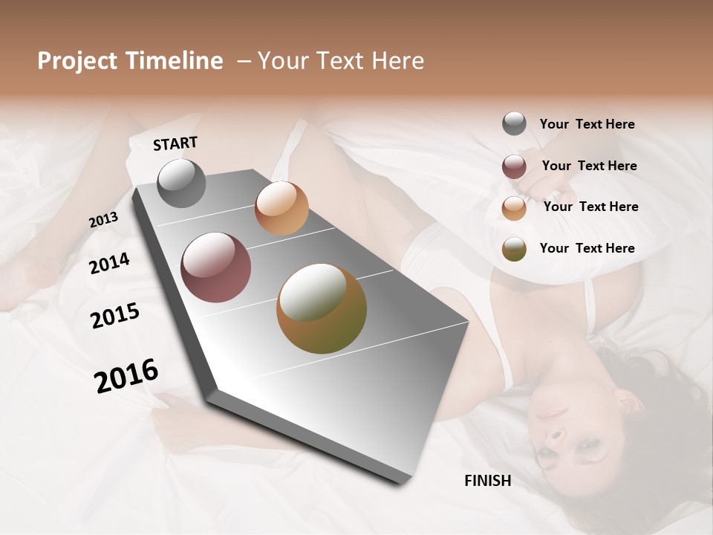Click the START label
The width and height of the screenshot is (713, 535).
coord(175,143)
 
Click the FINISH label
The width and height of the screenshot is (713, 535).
coord(487,481)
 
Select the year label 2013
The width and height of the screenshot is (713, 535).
coord(104,220)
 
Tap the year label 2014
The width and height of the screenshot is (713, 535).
coord(110,264)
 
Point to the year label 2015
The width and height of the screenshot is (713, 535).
coord(115,316)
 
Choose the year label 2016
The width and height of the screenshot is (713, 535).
coord(126,376)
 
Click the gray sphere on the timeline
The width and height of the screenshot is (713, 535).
coord(181,183)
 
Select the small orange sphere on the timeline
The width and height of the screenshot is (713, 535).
coord(281,208)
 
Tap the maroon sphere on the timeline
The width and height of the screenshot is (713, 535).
coord(216,267)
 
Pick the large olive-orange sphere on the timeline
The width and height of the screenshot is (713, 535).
coord(322,308)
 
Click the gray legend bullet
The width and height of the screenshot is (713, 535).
coord(514,124)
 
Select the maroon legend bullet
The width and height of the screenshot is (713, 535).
coord(514,166)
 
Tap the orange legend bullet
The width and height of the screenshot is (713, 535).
coord(514,207)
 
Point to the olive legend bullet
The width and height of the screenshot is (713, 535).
coord(514,249)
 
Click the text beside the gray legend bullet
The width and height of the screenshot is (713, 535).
coord(587,124)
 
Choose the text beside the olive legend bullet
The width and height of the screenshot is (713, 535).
coord(587,248)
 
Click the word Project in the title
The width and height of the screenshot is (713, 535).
coord(75,61)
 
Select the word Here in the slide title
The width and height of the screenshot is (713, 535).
coord(397,61)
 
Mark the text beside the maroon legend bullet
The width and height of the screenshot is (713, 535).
coord(589,166)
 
